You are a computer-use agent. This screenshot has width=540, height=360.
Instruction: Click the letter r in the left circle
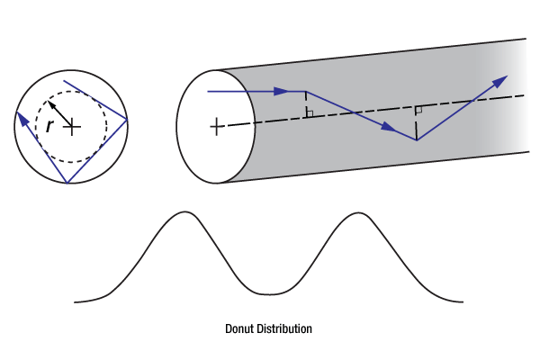(x=49, y=126)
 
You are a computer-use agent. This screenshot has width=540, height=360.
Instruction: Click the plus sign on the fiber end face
(x=216, y=127)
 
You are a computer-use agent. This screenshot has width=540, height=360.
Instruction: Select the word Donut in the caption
(x=238, y=329)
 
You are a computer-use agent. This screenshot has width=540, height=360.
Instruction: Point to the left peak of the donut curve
(x=184, y=212)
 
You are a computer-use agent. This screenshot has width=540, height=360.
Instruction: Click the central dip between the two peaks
(x=268, y=293)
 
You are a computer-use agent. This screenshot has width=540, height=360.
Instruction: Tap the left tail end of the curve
(x=76, y=301)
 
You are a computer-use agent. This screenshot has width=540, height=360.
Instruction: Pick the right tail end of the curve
(x=462, y=301)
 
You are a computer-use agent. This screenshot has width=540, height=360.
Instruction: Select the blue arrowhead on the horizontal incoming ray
(x=282, y=91)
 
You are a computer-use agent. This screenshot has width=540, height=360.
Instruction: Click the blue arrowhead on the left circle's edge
(x=21, y=118)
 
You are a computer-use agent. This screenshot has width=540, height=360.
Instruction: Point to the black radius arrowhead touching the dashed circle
(x=51, y=102)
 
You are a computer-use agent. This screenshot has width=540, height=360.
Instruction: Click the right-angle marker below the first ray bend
(x=309, y=113)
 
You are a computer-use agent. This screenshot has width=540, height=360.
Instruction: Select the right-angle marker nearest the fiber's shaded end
(x=418, y=109)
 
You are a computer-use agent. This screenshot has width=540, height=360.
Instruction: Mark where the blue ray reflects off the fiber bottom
(x=416, y=140)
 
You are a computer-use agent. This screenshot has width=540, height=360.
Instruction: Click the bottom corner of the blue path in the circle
(x=68, y=184)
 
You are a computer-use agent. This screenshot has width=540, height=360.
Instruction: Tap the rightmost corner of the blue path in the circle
(x=128, y=119)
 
